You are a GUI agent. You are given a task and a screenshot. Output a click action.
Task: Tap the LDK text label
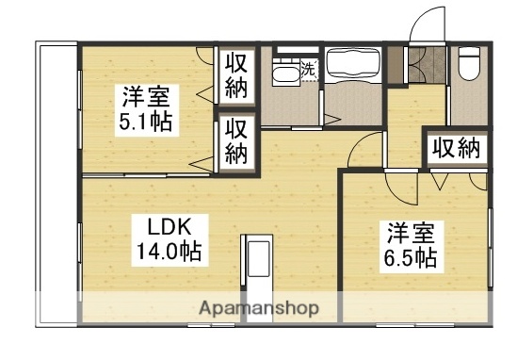coord(170,228)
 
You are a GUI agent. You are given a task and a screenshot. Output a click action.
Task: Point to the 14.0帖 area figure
coord(170,252)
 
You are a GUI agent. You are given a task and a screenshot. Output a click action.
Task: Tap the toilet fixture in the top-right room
coord(468,64)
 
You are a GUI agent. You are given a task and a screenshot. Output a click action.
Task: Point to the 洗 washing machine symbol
coord(308,68)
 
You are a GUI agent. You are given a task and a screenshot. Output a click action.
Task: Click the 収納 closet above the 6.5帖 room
coord(457,148)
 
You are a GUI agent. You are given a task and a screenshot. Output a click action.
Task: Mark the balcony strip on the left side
coord(57,184)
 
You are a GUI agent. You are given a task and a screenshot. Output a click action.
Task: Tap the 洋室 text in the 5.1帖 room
coord(144,96)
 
